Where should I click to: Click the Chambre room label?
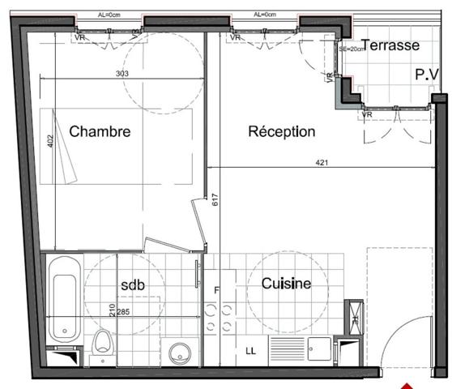100,131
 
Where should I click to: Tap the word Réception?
281,131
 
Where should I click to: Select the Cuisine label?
286,284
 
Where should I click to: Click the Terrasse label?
390,45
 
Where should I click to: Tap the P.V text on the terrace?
426,74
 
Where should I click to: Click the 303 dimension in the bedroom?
122,74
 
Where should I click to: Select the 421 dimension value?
322,164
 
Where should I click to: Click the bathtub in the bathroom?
63,300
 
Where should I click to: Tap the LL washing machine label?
251,351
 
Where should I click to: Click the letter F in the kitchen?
216,290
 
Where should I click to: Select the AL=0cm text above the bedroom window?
108,14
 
